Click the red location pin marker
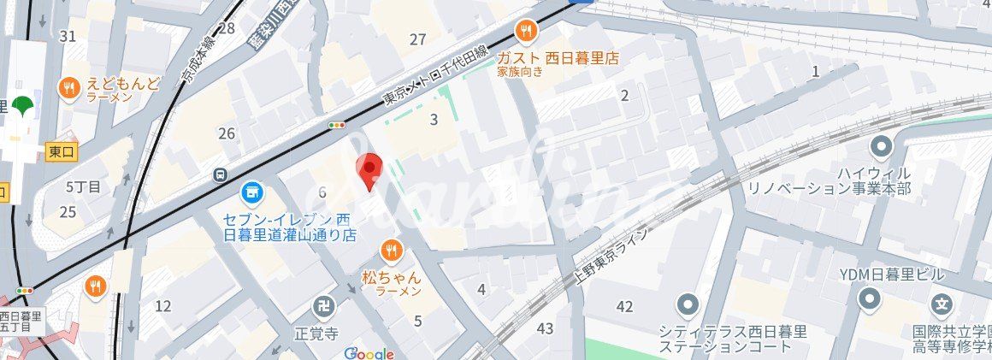coord(369,170)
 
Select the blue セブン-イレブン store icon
coord(251,192)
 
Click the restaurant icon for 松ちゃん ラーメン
coord(392,250)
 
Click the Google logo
coord(369,353)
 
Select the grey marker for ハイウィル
coord(881,147)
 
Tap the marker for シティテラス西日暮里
coord(688,304)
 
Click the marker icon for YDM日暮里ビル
coord(870,298)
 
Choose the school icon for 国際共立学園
coord(942,304)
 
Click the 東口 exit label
coord(62,151)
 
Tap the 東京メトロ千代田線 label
coord(435,76)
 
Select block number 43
coord(546,328)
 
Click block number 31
coord(68,36)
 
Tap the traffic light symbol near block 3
coord(337,125)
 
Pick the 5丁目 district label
coord(83,186)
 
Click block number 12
coord(162,305)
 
